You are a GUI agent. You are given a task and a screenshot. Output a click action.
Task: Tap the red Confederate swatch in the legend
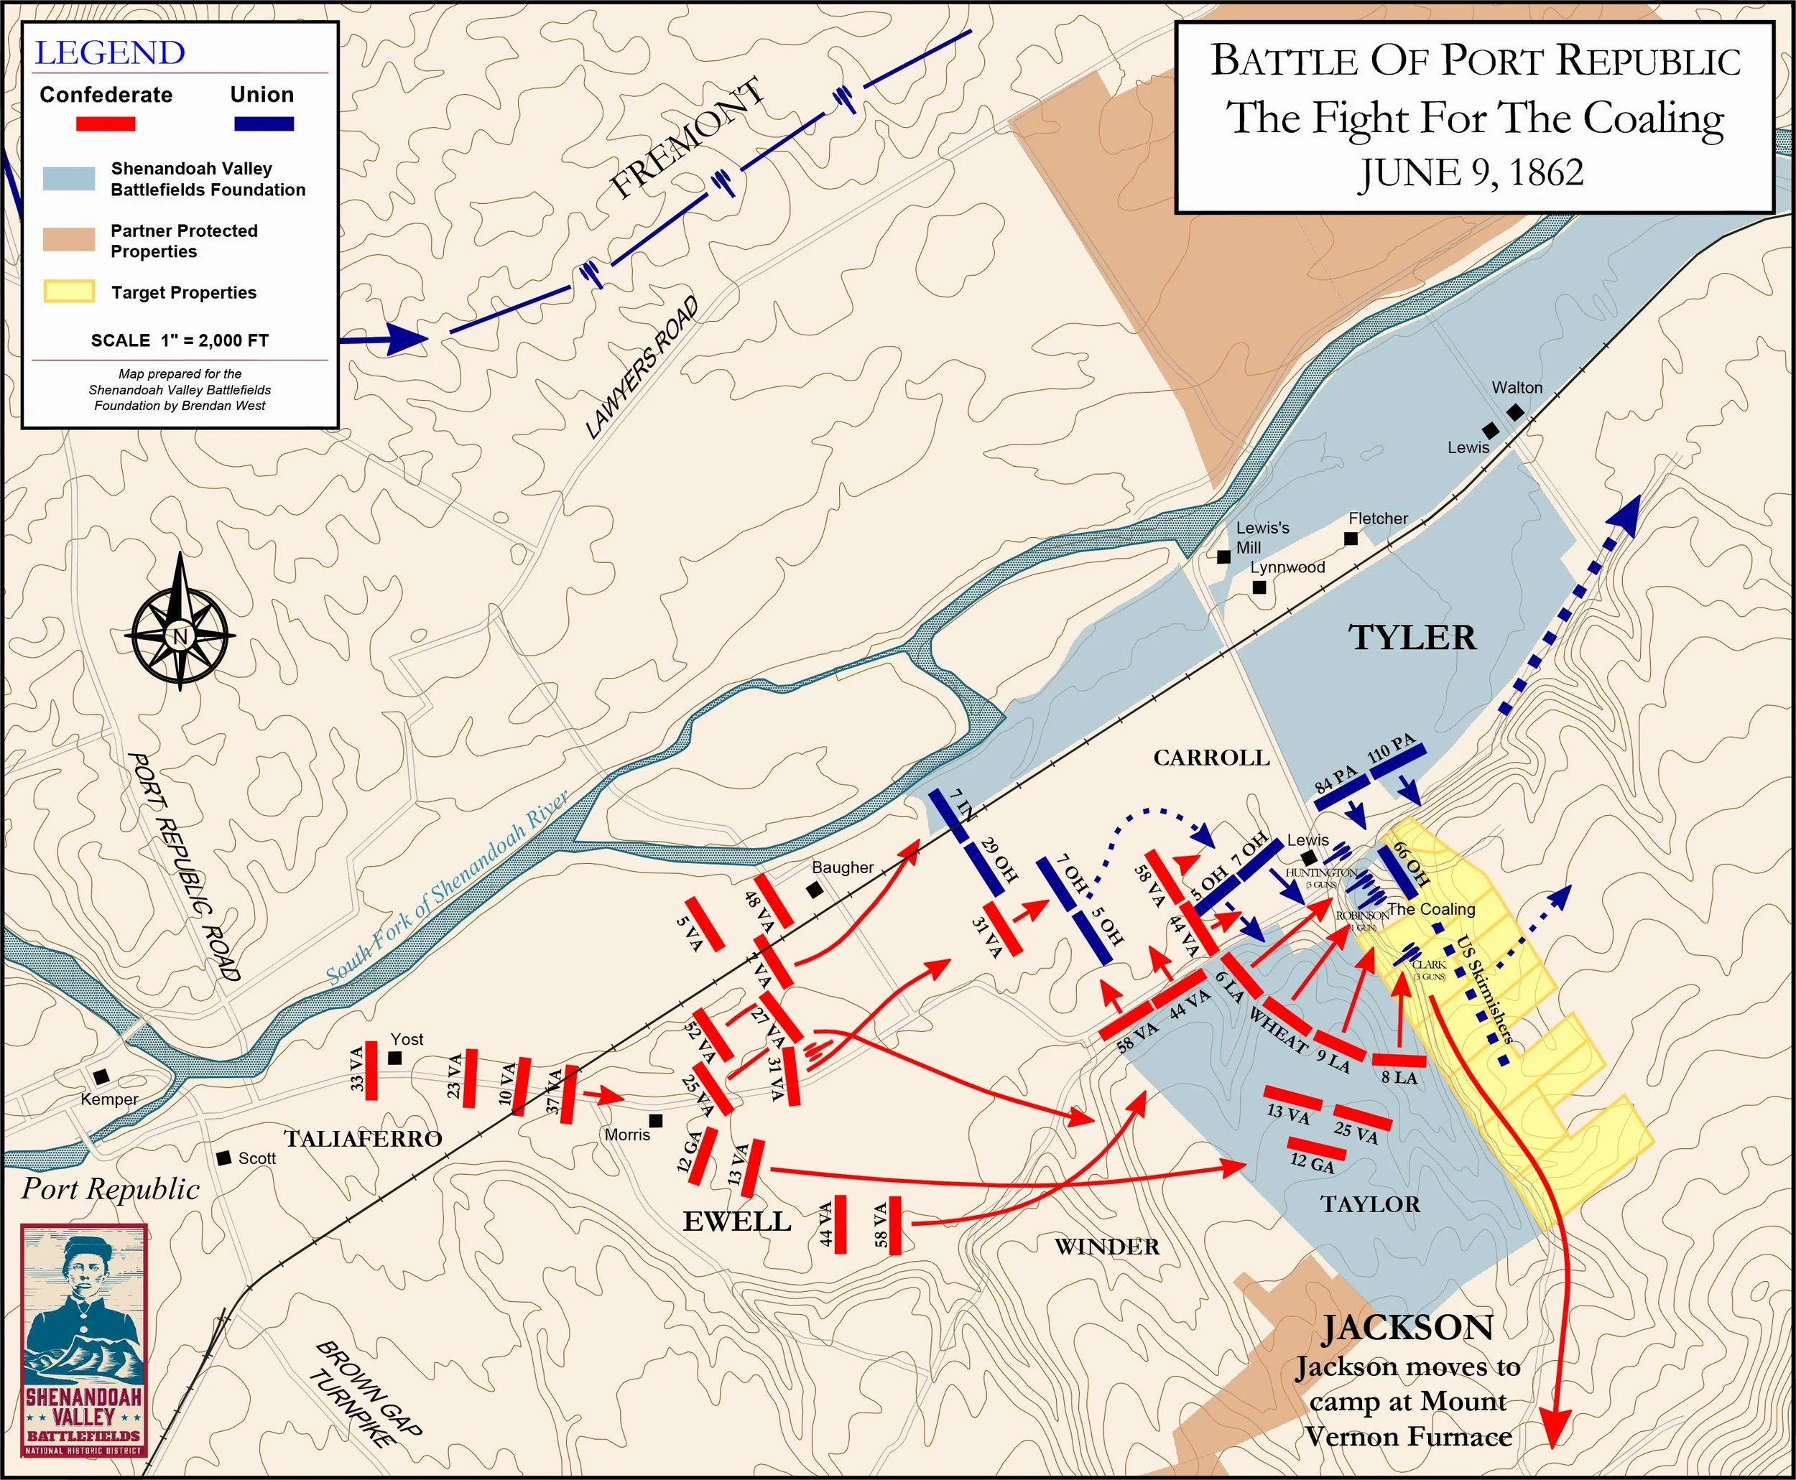[x=106, y=124]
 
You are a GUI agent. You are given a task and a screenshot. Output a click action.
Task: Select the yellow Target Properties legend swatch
[x=68, y=292]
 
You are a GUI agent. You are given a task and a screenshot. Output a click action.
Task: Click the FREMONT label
[x=687, y=139]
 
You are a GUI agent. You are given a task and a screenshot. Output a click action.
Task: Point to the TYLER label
[x=1412, y=638]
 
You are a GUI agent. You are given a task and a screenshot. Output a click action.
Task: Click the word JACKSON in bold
[x=1407, y=1328]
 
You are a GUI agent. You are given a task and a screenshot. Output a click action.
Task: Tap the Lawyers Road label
[x=642, y=368]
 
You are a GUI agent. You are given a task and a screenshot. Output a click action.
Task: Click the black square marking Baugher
[x=815, y=889]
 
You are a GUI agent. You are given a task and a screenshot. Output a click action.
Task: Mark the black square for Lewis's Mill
[x=1223, y=557]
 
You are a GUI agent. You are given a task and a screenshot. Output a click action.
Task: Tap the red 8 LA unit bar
[x=1399, y=1061]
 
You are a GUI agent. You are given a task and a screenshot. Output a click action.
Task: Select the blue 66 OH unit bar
[x=1399, y=869]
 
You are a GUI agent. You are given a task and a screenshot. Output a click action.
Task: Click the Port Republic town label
[x=111, y=1189]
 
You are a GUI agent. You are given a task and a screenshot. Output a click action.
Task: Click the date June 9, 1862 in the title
[x=1471, y=173]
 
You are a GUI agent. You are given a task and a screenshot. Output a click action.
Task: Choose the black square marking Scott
[x=224, y=1158]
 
